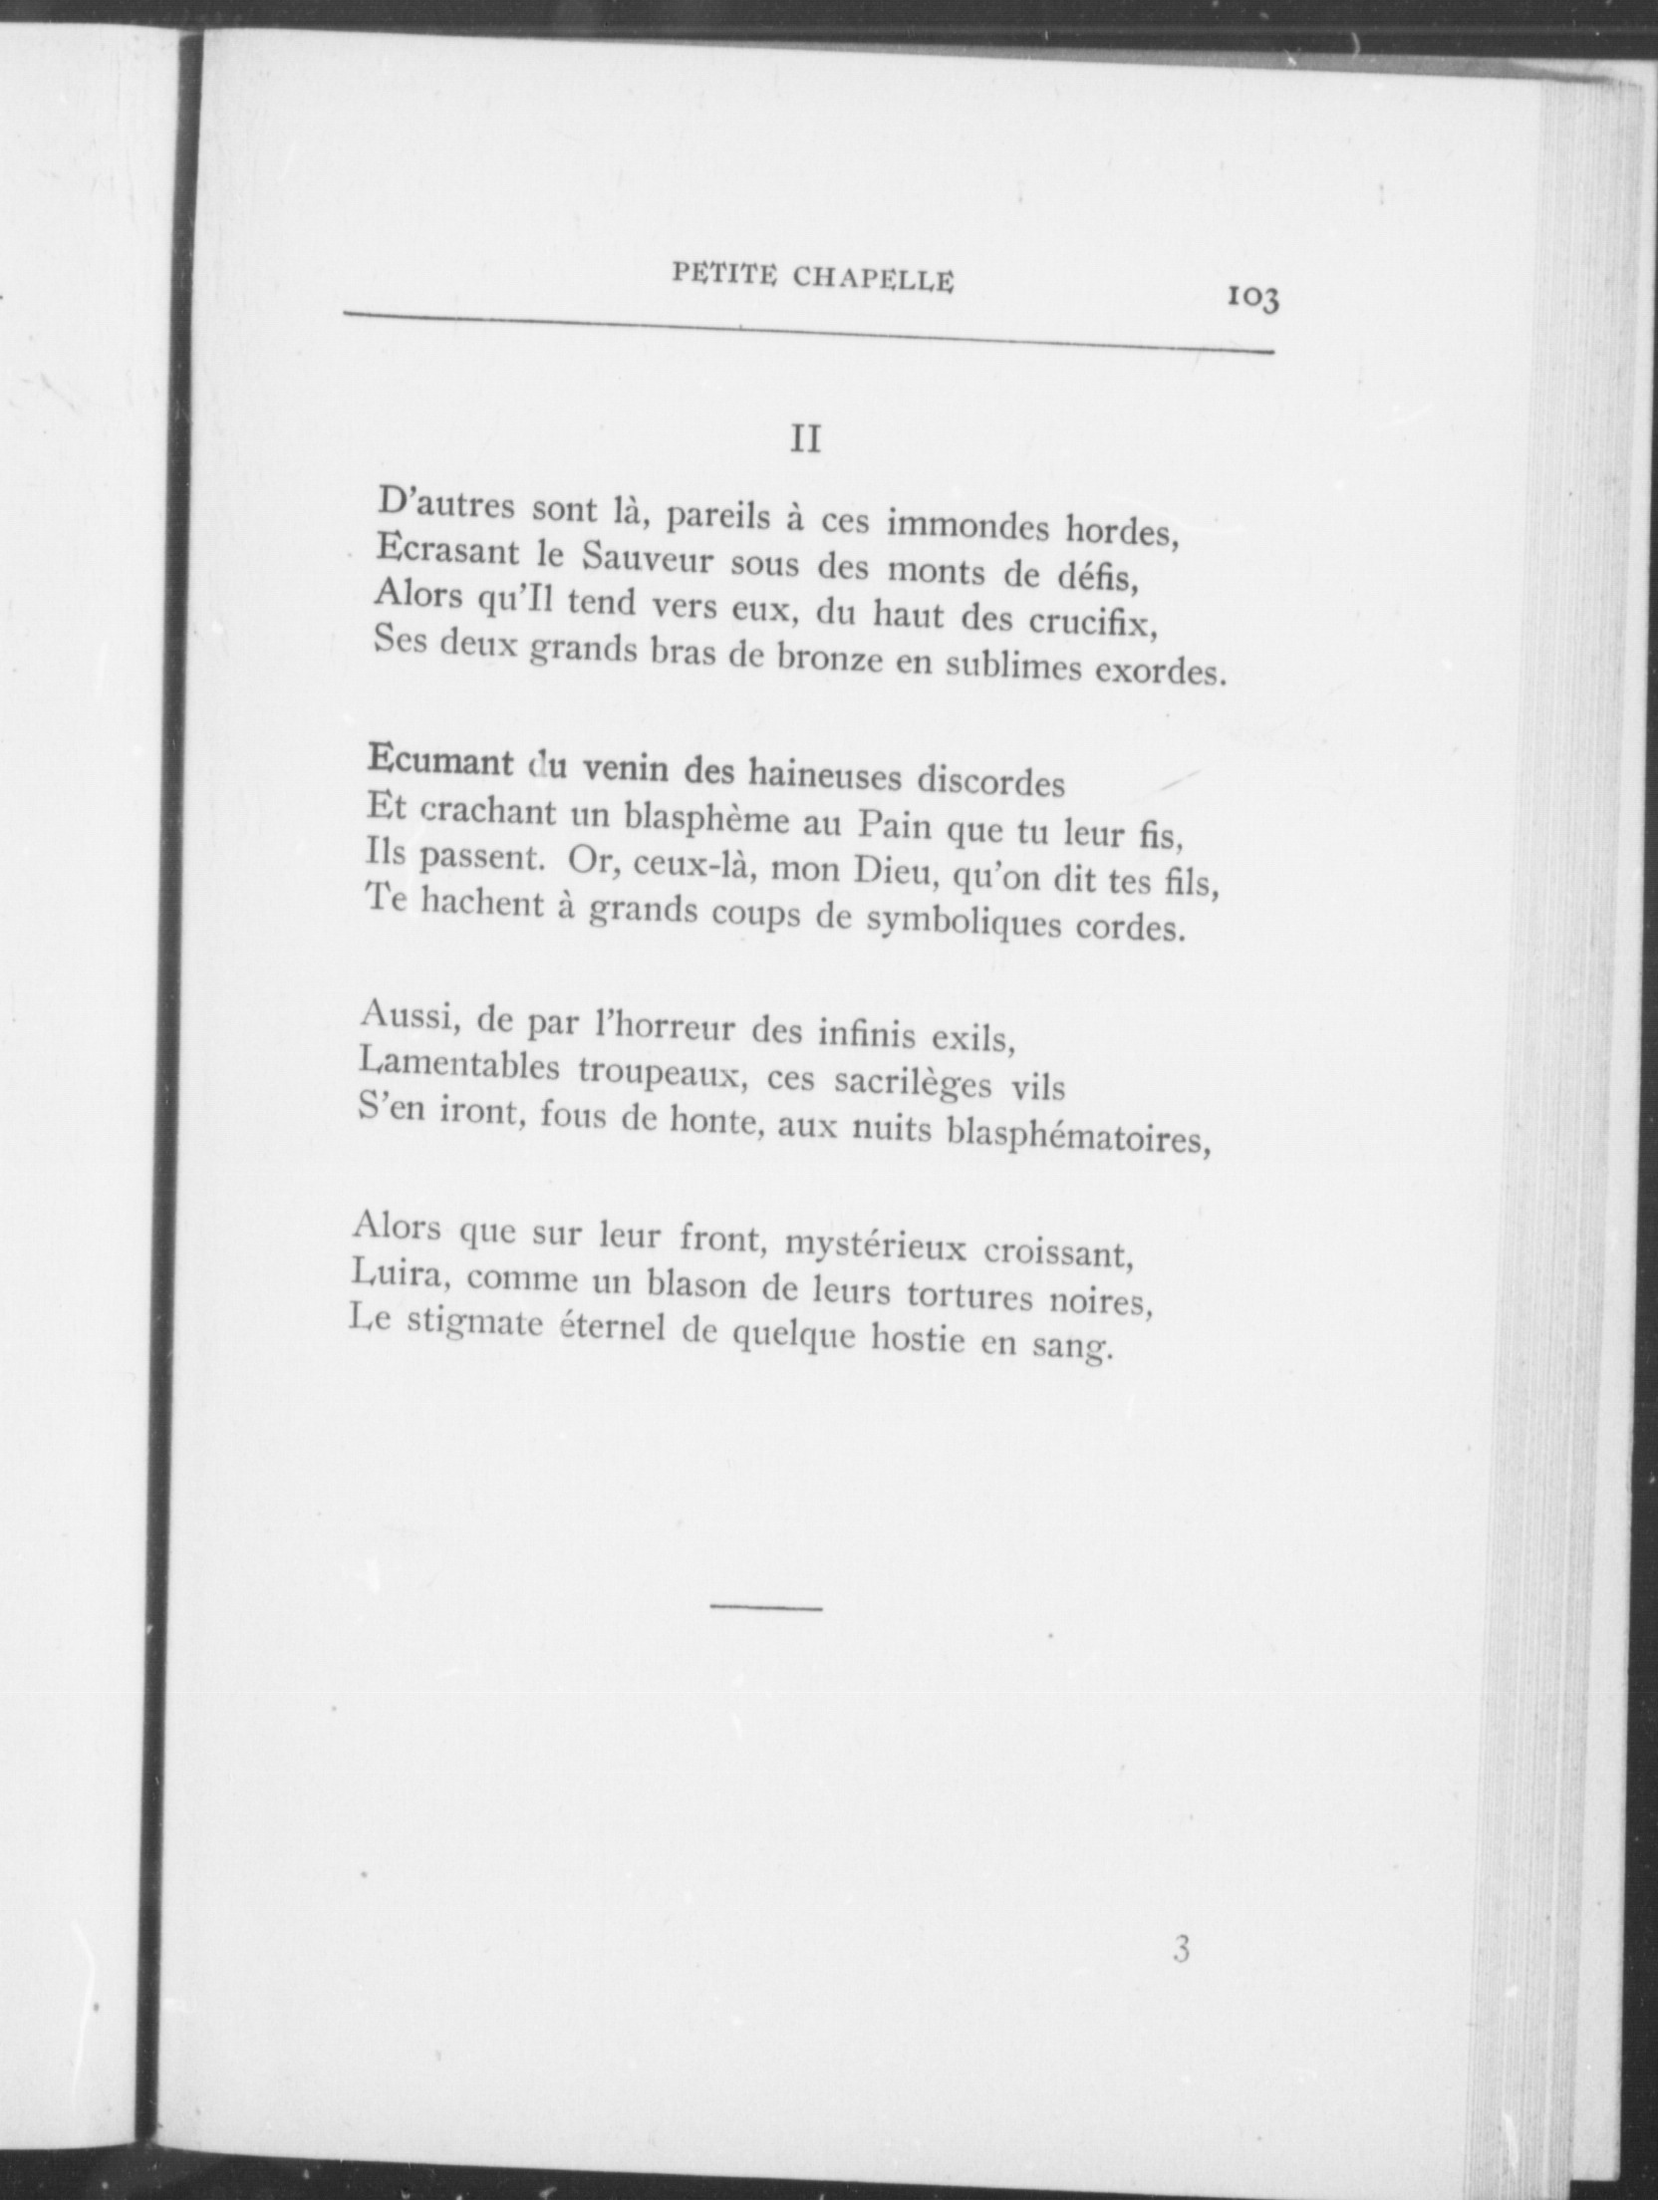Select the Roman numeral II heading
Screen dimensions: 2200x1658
click(x=805, y=439)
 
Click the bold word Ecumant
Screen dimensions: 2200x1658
click(x=439, y=761)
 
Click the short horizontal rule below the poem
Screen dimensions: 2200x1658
click(x=766, y=1607)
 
